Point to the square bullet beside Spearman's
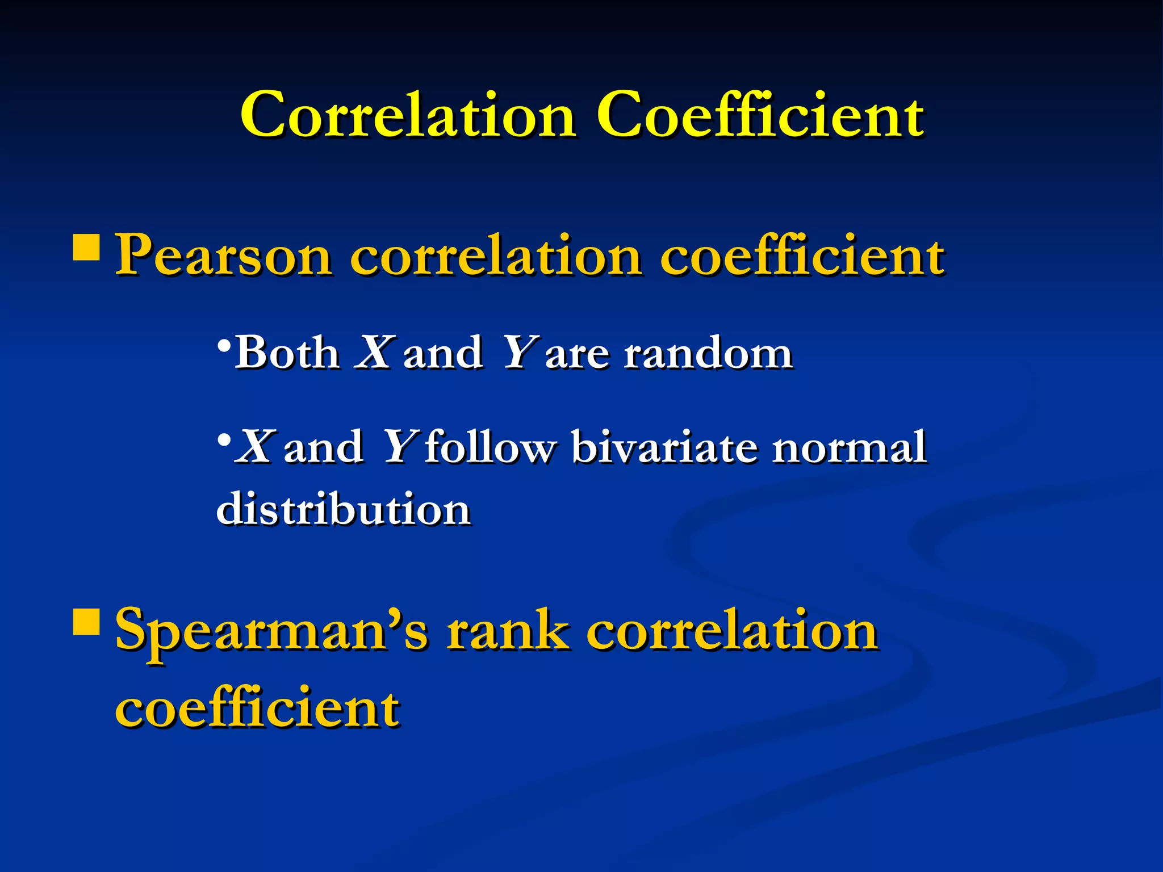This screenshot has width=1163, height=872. tap(86, 621)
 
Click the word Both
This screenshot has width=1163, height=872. tap(287, 353)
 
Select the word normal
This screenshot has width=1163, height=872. tap(849, 447)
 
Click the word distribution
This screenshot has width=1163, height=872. tap(344, 509)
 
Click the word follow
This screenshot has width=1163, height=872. tap(489, 447)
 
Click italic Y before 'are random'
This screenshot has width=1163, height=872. tap(516, 353)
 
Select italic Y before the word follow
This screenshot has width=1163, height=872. tap(399, 447)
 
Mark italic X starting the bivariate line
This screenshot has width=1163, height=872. tap(255, 447)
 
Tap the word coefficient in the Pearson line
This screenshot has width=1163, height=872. tap(802, 257)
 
